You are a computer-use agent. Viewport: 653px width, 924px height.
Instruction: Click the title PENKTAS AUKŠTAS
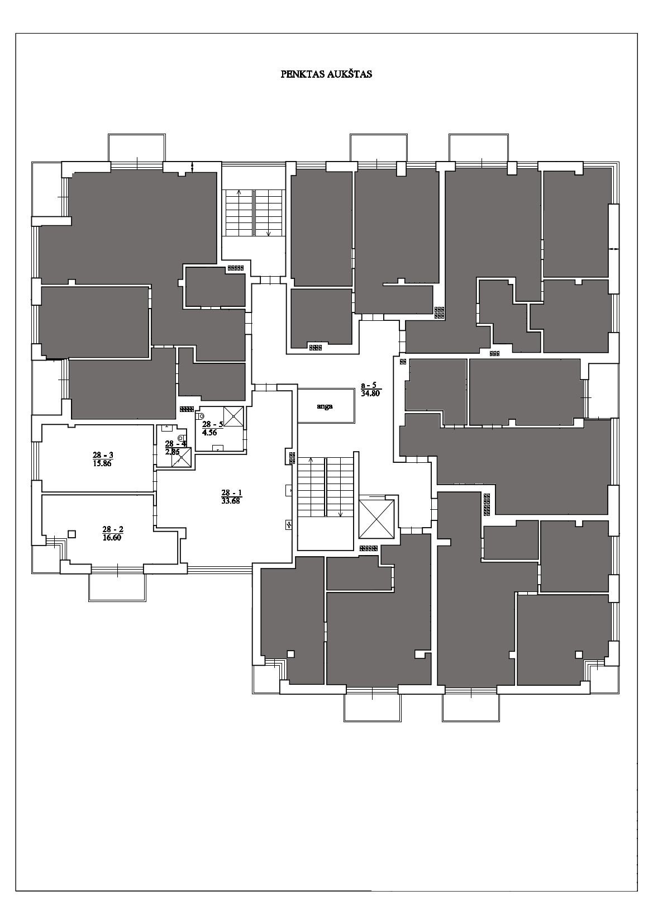coord(326,74)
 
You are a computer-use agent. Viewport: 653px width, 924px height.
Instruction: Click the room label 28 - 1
coord(231,492)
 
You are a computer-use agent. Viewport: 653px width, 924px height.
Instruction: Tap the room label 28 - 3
coord(103,455)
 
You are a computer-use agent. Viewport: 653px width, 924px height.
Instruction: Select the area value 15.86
coord(103,463)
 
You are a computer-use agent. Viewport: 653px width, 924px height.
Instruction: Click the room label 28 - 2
coord(112,529)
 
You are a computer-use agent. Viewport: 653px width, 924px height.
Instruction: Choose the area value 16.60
coord(112,538)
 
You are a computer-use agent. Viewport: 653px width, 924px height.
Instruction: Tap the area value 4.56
coord(209,433)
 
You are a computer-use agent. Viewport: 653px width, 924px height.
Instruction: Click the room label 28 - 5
coord(212,424)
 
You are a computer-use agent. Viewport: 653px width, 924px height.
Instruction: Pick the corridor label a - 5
coord(369,385)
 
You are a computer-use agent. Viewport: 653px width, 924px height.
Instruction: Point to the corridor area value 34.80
coord(370,394)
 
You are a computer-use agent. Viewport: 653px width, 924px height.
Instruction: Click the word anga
coord(325,406)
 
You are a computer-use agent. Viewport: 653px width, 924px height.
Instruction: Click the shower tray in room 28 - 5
coord(233,416)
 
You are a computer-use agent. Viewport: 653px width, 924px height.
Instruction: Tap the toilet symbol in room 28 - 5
coord(202,416)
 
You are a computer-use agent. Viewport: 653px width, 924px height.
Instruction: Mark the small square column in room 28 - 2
coord(72,534)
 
